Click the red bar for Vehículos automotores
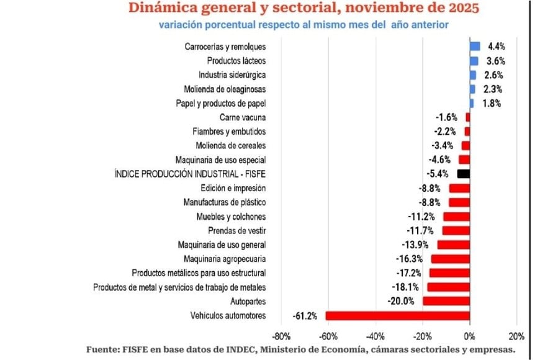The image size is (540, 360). pos(397,316)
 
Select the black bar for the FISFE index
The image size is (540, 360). pos(463,174)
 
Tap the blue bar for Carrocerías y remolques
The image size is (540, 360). pos(475,47)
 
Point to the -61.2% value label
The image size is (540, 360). pos(305,316)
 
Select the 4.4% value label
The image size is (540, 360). pos(497,47)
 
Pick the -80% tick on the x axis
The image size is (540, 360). pos(281,336)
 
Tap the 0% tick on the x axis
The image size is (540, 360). pos(470,336)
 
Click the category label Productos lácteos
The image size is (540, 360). pos(236,61)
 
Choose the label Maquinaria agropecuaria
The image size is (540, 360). pos(225,259)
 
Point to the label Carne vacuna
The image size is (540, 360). pos(243,117)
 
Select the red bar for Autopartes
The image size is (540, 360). pos(446,302)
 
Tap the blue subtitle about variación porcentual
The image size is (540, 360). pos(303,25)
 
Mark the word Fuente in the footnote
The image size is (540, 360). pos(102,350)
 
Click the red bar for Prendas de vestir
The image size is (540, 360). pos(456,230)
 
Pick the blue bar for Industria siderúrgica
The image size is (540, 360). pos(473,75)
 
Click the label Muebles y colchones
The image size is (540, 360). pos(231,217)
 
